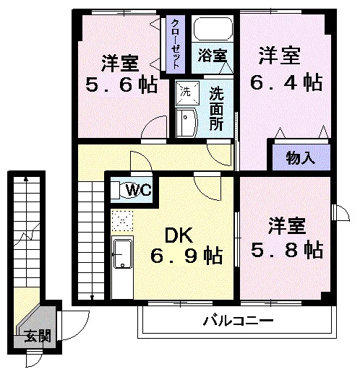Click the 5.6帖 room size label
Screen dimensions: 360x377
[121, 84]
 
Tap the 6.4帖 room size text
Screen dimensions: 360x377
[286, 82]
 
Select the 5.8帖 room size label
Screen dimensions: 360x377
[287, 249]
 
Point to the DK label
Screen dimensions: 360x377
[179, 235]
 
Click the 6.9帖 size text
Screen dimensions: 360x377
[187, 255]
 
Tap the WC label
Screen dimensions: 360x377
[139, 190]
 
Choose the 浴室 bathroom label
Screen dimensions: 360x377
[213, 56]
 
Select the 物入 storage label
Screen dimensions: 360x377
[301, 158]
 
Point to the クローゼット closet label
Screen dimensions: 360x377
[176, 44]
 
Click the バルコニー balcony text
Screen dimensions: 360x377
[239, 321]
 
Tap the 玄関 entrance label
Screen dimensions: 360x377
[38, 336]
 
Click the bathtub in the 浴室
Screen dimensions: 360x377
[213, 29]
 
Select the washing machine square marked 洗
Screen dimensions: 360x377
[187, 93]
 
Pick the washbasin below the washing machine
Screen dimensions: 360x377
[187, 123]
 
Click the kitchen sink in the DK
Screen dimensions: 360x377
[123, 254]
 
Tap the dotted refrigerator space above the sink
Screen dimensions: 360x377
[122, 221]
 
